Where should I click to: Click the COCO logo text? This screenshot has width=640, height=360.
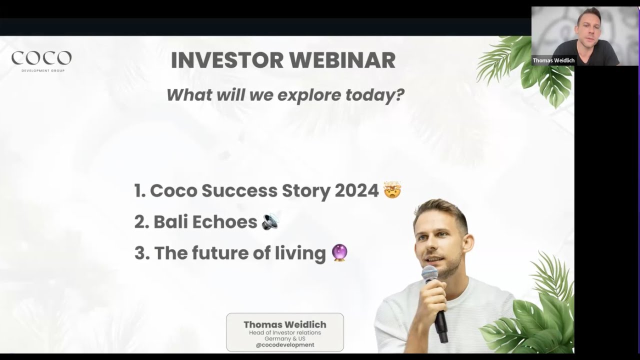click(41, 58)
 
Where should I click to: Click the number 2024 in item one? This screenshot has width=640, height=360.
click(356, 190)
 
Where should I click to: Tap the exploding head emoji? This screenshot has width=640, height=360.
click(392, 190)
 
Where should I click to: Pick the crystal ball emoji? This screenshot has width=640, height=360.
click(339, 253)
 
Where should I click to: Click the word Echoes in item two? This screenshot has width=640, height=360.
click(230, 221)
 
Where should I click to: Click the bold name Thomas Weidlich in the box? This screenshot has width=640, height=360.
click(284, 324)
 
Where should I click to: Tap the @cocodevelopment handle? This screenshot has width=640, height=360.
click(284, 345)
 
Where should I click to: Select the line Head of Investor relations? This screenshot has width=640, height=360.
click(284, 332)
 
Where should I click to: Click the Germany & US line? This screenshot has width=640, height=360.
click(284, 338)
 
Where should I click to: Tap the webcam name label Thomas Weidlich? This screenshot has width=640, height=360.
click(553, 60)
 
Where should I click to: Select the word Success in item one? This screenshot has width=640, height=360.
click(239, 190)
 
